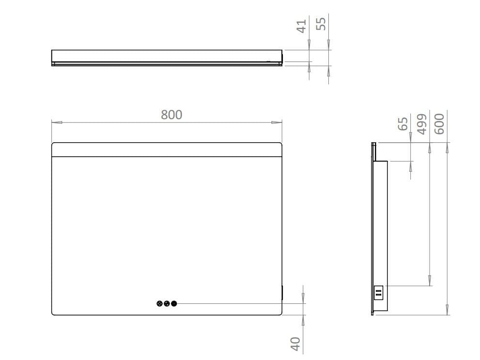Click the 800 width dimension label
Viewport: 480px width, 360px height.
click(x=171, y=115)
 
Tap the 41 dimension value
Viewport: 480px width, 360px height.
click(x=302, y=26)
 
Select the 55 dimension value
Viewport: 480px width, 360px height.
click(x=321, y=23)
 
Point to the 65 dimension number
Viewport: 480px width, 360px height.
click(x=403, y=123)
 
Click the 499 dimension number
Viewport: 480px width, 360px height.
click(x=421, y=124)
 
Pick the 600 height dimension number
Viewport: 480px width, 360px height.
click(x=439, y=123)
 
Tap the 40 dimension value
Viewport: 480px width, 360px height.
click(x=295, y=344)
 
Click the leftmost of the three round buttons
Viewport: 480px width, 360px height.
click(x=160, y=304)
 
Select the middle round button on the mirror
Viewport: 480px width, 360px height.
click(x=167, y=304)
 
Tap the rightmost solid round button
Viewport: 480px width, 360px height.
click(x=174, y=304)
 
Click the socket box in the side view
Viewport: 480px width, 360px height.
click(x=379, y=292)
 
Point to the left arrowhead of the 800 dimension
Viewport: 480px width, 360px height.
click(x=57, y=122)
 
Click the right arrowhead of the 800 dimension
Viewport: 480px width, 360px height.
click(x=277, y=122)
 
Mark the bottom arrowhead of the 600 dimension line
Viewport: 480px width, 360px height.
click(x=447, y=310)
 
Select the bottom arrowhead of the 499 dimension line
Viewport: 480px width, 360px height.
click(x=430, y=280)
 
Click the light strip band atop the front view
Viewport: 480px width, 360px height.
click(x=167, y=150)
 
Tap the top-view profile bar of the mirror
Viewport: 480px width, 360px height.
click(x=167, y=56)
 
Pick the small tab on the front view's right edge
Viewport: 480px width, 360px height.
click(x=282, y=292)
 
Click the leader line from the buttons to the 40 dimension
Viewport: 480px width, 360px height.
click(x=237, y=304)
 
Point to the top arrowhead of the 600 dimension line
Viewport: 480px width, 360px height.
click(x=447, y=148)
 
